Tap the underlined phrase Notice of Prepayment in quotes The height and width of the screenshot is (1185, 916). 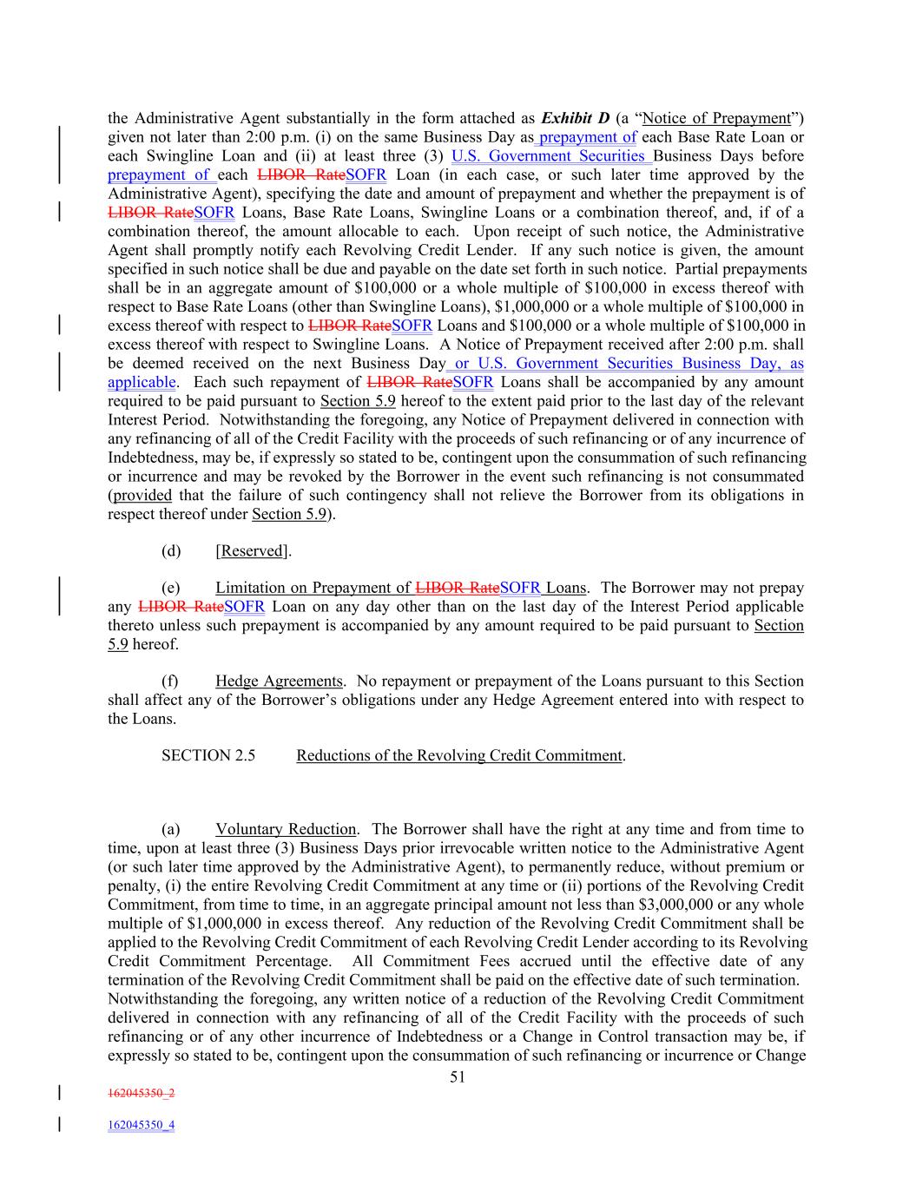pos(716,118)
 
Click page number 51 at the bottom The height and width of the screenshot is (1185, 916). pos(458,1077)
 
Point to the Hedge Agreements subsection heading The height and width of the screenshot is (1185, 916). pos(279,681)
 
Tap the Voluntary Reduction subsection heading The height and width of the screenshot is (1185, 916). pos(286,830)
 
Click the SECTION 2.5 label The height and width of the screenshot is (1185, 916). pos(208,755)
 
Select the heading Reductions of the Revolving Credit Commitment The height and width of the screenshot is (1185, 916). pos(459,755)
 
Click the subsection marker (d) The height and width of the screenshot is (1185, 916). pos(171,551)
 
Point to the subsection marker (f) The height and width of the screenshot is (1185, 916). pos(170,681)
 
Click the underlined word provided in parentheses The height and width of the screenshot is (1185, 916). pos(142,496)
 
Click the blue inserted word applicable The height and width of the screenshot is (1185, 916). pos(142,382)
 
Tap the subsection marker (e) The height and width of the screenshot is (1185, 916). pos(171,588)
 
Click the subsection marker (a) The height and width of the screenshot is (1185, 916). pos(171,830)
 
